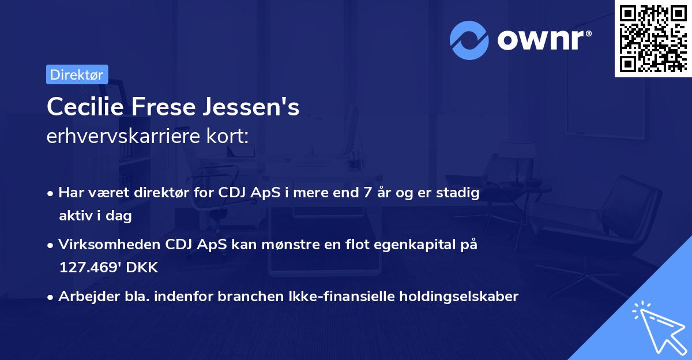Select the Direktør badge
[x=77, y=74]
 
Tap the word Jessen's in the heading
[x=254, y=107]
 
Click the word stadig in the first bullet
[x=460, y=193]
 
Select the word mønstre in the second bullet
[x=294, y=245]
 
